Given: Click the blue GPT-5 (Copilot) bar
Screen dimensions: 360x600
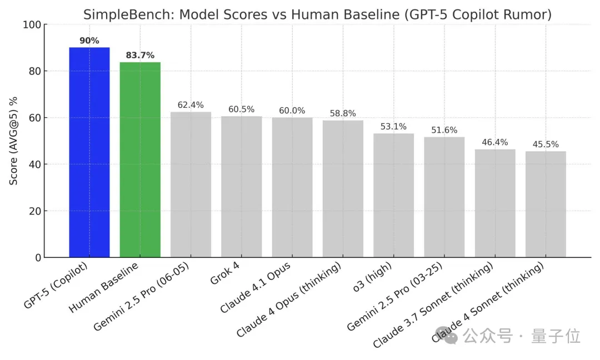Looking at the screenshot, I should [89, 152].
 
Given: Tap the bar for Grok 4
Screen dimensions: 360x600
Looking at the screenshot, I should [241, 187].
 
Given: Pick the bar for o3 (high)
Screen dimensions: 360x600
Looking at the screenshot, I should [393, 195].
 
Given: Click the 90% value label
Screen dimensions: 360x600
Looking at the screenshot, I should [89, 41].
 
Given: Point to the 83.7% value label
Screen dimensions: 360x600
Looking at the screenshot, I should [140, 55].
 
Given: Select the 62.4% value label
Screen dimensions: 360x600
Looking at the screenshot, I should [191, 105].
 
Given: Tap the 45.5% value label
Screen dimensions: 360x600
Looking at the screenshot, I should [546, 144].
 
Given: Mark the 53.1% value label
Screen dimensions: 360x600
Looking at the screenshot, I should [393, 127].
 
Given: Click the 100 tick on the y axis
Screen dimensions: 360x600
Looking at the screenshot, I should [32, 25].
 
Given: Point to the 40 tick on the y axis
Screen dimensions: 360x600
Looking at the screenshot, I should [35, 164].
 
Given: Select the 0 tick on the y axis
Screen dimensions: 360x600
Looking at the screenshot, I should [38, 258].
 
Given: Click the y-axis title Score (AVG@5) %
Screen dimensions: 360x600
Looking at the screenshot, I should [13, 141].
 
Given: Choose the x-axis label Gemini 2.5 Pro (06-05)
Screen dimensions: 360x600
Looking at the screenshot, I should [142, 298].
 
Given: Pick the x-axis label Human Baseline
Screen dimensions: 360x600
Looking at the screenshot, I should [105, 289].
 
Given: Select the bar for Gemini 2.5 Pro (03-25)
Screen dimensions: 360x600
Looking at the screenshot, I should [444, 197].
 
